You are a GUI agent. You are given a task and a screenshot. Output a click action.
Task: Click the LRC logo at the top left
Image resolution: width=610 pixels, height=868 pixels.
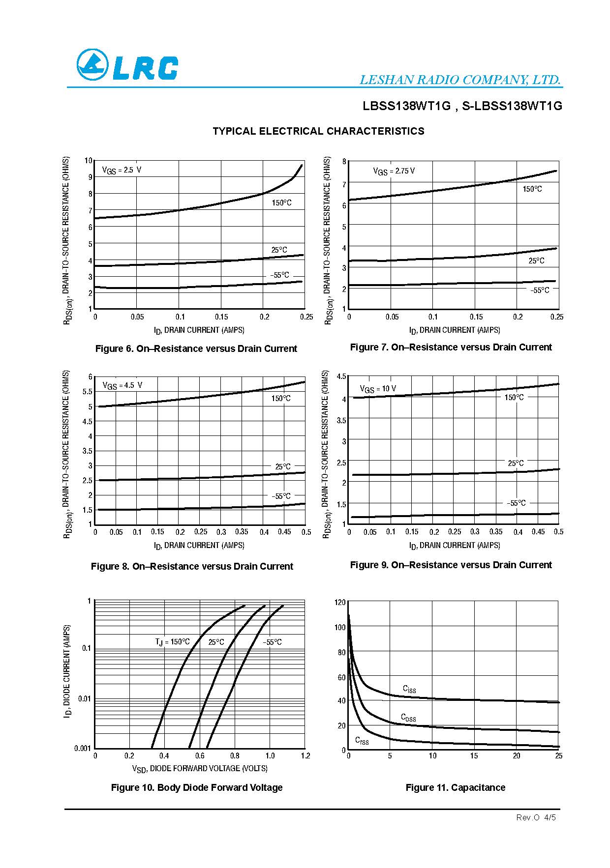pos(127,65)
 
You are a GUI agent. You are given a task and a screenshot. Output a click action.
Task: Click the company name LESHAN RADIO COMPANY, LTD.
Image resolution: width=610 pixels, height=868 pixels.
pos(460,80)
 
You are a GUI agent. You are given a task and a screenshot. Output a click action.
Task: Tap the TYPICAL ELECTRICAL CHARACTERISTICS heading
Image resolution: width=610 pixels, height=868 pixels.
pos(318,131)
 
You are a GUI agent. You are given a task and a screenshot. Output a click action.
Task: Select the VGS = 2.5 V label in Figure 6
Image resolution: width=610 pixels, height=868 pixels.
pos(122,170)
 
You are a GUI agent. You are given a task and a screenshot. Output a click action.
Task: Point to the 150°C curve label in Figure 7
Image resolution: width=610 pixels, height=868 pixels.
pos(532,189)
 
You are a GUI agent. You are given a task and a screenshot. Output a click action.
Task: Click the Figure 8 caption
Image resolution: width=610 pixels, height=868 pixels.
pos(192,566)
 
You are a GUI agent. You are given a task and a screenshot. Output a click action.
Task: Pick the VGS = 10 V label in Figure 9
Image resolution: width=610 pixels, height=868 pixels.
pos(378,389)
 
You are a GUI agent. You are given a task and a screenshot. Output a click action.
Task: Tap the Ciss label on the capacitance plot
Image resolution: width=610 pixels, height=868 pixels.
pos(409,689)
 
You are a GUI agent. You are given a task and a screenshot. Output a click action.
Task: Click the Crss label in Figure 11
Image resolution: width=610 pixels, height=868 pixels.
pos(362,741)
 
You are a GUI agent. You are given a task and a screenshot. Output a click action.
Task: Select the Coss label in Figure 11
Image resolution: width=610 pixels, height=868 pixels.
pos(408,718)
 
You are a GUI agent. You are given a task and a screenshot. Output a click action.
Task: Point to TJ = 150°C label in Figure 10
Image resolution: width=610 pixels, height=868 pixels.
pos(172,642)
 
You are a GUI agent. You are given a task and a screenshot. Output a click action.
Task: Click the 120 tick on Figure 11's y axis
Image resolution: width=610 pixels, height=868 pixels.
pos(340,602)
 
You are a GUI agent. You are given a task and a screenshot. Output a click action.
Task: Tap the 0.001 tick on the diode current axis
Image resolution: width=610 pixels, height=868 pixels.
pos(83,748)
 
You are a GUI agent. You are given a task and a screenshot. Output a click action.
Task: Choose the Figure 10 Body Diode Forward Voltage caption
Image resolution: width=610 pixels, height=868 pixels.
pos(197,787)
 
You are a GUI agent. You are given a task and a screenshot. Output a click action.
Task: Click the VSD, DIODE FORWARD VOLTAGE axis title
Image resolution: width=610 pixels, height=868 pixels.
pos(200,768)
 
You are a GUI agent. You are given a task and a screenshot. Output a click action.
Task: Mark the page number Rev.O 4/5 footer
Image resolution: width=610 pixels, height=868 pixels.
pos(536,817)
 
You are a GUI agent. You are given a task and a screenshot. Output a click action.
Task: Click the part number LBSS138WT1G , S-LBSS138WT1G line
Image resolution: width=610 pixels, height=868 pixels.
pos(462,106)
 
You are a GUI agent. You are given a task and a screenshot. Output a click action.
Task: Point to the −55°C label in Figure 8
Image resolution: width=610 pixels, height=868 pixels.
pos(280,496)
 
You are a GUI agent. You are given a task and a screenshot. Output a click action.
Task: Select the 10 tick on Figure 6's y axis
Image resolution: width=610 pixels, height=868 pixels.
pos(89,161)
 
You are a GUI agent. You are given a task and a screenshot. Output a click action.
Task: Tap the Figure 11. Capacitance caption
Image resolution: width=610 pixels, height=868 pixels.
pos(455,787)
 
